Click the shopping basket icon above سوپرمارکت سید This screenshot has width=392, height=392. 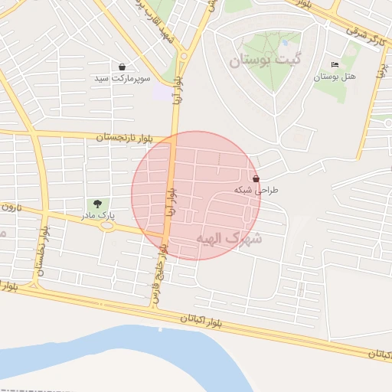point(122,67)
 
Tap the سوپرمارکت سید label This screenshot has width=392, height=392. point(122,79)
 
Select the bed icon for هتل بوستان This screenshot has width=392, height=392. point(334,65)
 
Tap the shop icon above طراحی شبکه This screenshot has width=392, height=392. point(255,178)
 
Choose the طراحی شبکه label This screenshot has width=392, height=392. point(257,189)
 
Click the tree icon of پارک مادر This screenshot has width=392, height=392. point(97,204)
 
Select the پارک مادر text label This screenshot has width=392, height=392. point(100,216)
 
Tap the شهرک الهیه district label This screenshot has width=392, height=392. point(229,238)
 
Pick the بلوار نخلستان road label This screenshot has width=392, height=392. point(42,250)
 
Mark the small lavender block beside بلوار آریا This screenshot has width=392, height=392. point(162,93)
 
